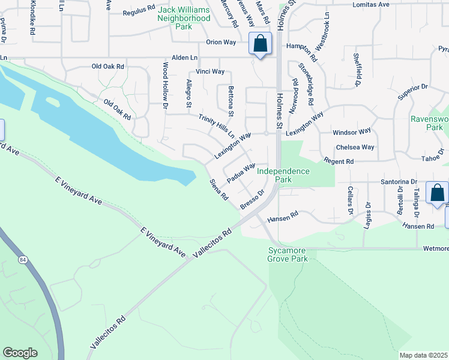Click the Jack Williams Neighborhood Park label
point(184,18)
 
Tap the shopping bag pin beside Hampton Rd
point(260,44)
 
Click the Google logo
point(20,353)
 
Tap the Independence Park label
point(283,175)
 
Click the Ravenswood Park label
point(429,123)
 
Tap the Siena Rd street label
point(218,190)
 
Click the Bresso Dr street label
point(252,200)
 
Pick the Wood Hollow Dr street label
point(165,85)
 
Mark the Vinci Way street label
point(210,71)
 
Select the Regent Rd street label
point(339,161)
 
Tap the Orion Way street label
point(221,43)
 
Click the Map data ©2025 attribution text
point(424,355)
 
